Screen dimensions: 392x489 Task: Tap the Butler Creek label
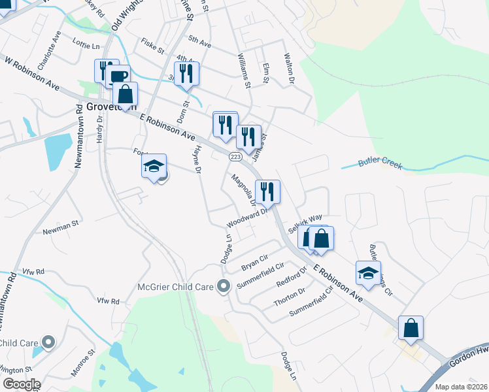pyautogui.click(x=380, y=164)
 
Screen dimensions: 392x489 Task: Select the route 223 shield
pyautogui.click(x=236, y=157)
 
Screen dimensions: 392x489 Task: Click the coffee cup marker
pyautogui.click(x=118, y=76)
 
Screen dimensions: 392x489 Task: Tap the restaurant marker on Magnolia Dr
pyautogui.click(x=267, y=191)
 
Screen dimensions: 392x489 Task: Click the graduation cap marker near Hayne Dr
pyautogui.click(x=154, y=166)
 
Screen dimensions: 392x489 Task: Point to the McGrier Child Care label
pyautogui.click(x=177, y=286)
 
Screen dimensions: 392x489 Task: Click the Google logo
pyautogui.click(x=22, y=384)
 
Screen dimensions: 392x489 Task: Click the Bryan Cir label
pyautogui.click(x=255, y=263)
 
